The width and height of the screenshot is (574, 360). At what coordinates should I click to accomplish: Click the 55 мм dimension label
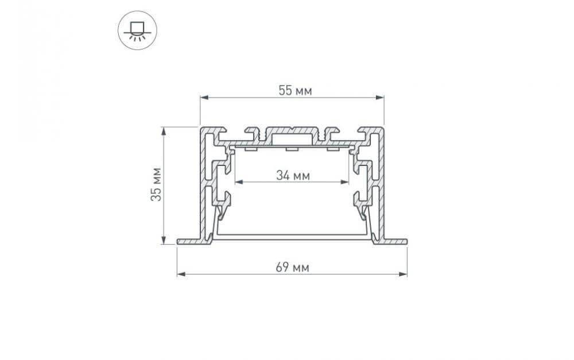295,91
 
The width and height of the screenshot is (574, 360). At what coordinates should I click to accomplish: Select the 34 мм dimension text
293,176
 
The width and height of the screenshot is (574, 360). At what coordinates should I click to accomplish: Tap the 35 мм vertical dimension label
156,184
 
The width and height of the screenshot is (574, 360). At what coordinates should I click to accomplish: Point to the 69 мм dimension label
293,268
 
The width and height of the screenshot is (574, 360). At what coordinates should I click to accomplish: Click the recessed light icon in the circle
137,30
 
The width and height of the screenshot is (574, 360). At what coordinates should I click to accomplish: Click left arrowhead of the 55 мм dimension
204,98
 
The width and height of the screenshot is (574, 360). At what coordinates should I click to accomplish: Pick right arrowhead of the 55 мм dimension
379,98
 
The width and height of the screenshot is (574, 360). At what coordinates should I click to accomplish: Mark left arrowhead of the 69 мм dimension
181,273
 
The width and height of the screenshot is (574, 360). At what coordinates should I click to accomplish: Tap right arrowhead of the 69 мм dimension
403,273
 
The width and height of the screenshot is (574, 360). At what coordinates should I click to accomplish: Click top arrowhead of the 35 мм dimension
164,131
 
